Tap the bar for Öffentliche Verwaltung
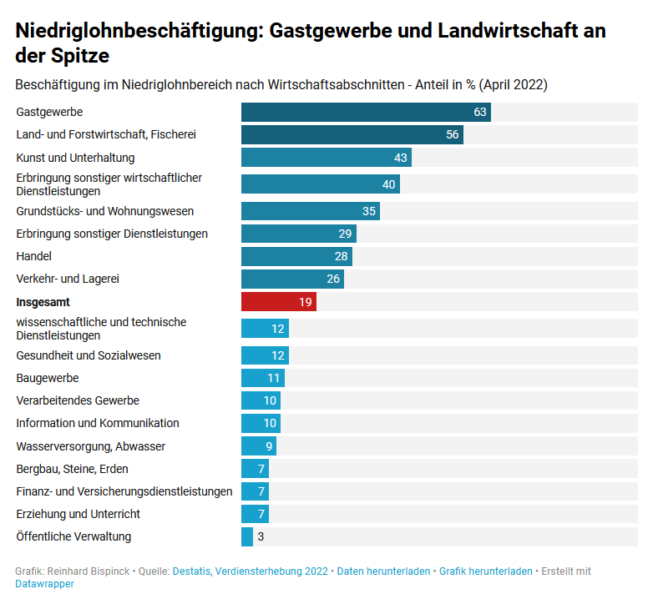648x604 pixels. coord(247,536)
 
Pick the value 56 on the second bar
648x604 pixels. coord(453,134)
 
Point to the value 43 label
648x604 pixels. coord(401,158)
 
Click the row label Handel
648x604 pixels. coord(34,256)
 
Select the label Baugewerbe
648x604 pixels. coord(48,378)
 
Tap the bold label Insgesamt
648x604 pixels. coord(43,302)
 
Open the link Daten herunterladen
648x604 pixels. coord(383,571)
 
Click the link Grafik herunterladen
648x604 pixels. coord(485,571)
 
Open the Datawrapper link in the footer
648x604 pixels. coord(44,584)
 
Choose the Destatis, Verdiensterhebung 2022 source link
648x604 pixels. coord(250,571)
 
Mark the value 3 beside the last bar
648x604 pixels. coord(261,536)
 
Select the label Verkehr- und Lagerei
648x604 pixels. coord(68,279)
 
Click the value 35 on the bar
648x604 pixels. coord(369,211)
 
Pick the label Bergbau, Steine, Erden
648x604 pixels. coord(73,469)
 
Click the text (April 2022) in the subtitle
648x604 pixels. coord(513,85)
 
